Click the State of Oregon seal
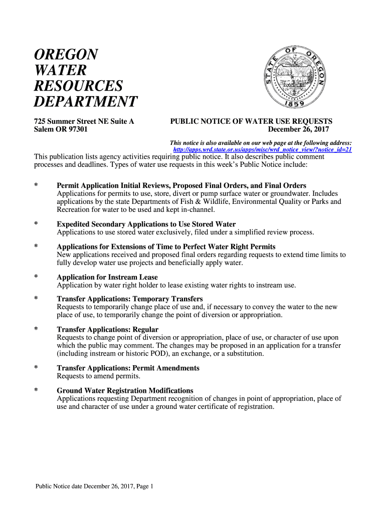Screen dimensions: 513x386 pos(295,76)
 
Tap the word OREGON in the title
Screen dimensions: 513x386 pos(66,55)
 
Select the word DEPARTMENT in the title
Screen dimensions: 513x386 pos(85,102)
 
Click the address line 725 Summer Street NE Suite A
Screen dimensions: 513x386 pos(84,121)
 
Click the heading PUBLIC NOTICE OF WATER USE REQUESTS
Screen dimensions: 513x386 pos(251,121)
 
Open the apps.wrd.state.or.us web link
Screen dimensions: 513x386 pos(262,149)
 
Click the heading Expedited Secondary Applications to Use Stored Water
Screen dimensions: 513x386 pos(146,224)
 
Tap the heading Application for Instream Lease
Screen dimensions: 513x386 pos(107,277)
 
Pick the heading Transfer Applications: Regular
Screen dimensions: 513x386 pos(108,329)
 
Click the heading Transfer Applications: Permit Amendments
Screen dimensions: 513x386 pos(128,368)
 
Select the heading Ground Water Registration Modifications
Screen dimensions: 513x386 pos(125,390)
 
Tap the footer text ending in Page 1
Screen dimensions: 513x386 pos(94,486)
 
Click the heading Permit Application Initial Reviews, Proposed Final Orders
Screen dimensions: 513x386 pos(181,186)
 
